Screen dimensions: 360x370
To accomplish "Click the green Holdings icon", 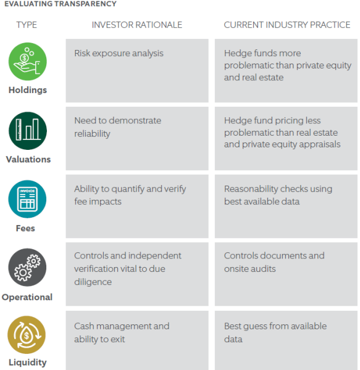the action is (28, 61).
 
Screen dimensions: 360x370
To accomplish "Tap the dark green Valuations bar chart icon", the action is (28, 131).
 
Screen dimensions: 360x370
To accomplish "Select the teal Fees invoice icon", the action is (27, 199).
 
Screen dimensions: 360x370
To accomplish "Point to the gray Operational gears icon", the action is (27, 267).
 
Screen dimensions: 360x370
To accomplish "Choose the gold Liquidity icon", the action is (27, 335).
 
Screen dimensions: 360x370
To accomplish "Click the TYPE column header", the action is (27, 25).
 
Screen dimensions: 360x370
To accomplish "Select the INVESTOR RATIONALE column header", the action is (137, 25).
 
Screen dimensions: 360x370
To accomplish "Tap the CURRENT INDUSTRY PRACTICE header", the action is (287, 25).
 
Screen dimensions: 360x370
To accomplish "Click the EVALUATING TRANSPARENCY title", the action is (61, 4).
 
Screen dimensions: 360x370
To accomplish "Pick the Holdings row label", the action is (28, 90).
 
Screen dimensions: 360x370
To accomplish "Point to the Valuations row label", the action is (28, 159).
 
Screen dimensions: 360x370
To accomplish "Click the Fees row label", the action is (25, 228).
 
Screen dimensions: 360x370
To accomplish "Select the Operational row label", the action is (27, 297).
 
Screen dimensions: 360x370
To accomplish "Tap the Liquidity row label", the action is (28, 362).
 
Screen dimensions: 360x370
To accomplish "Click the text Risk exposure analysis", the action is (119, 53).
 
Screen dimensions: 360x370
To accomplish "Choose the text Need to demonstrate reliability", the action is (118, 127).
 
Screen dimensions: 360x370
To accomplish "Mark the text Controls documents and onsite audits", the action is (274, 262).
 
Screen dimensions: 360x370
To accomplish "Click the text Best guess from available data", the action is (275, 332).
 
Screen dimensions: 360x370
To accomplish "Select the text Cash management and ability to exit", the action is (122, 332).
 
